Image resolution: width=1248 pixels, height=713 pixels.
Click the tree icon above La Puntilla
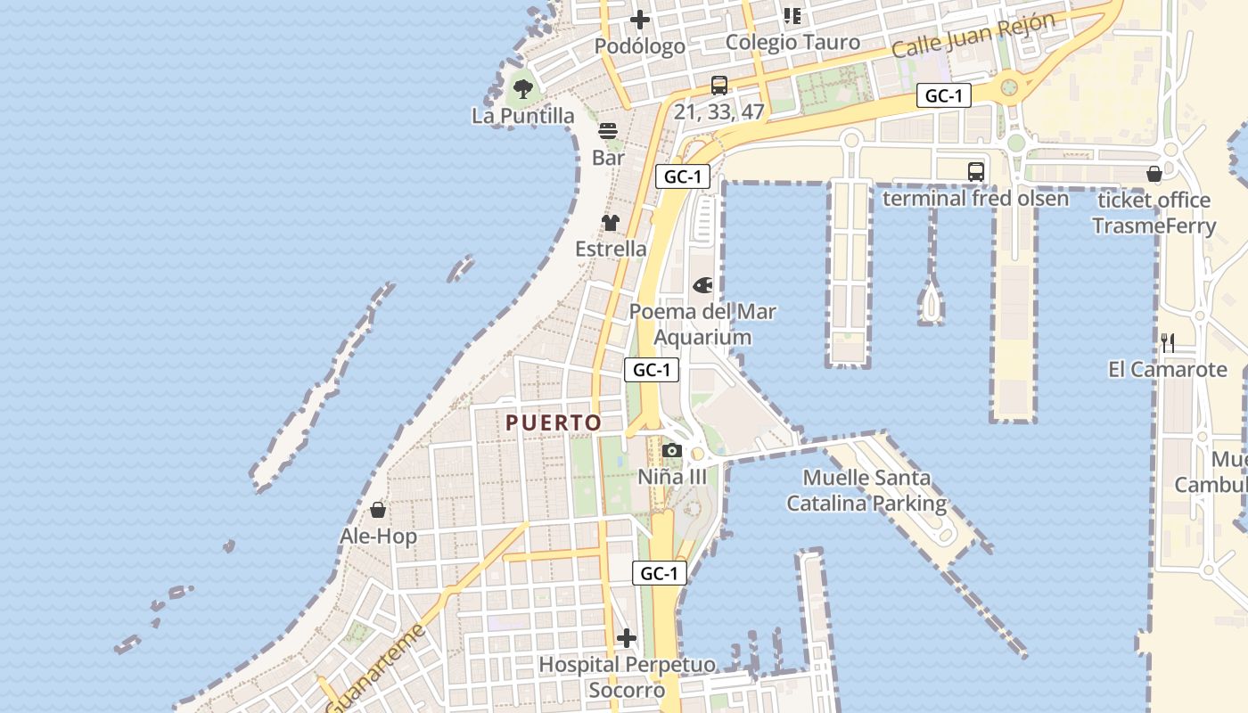tap(523, 88)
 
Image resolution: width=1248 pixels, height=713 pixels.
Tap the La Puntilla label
tap(523, 116)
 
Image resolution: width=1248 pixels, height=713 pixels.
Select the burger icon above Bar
tap(608, 131)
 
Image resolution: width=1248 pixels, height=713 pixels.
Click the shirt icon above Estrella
tap(611, 222)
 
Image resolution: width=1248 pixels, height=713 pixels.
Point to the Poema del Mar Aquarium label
tap(702, 324)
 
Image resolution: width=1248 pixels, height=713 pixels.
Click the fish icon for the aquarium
tap(702, 285)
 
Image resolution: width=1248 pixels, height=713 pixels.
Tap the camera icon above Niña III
tap(672, 450)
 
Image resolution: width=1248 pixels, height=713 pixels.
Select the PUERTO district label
tap(554, 422)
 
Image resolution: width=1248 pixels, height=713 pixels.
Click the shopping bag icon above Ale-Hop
tap(378, 510)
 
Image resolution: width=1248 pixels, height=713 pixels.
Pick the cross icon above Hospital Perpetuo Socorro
tap(627, 638)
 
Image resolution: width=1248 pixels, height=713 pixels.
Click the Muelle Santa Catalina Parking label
tap(866, 491)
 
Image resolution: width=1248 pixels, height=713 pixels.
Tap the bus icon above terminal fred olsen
tap(976, 171)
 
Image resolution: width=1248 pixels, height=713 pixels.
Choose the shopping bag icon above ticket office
tap(1154, 174)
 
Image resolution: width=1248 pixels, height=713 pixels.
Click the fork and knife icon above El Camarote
tap(1168, 342)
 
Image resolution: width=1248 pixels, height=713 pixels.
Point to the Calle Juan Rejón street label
tap(973, 35)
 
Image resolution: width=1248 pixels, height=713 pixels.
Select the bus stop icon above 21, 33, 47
tap(719, 86)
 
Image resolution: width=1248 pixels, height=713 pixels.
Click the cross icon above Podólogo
tap(640, 19)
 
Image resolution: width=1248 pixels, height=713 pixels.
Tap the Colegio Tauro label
tap(792, 42)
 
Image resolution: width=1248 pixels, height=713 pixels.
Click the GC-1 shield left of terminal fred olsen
tap(943, 95)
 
